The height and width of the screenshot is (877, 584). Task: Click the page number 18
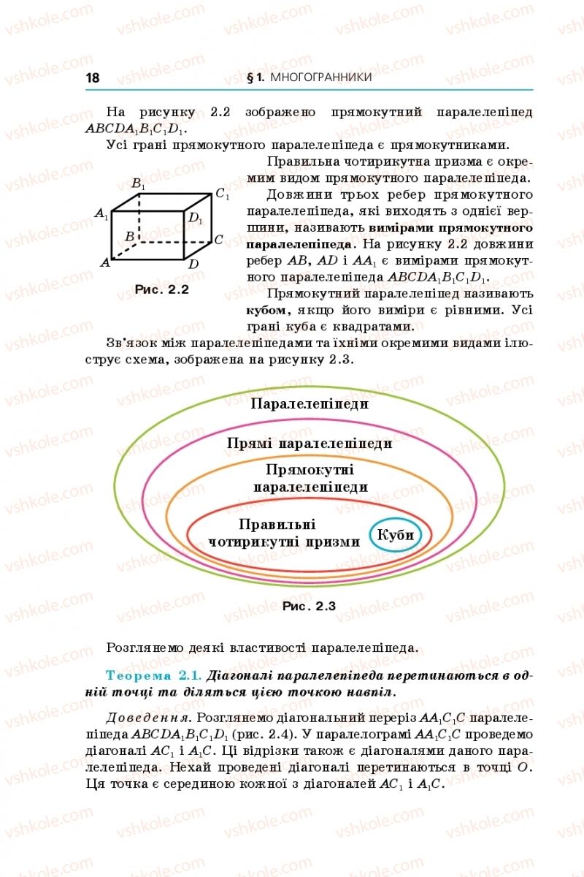[93, 77]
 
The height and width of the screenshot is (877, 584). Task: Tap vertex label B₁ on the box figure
[138, 186]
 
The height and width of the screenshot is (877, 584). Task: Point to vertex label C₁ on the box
[222, 195]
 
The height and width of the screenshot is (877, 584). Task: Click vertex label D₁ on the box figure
[195, 218]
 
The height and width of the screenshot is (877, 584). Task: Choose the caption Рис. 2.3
[309, 606]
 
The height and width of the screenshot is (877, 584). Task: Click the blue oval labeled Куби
[396, 535]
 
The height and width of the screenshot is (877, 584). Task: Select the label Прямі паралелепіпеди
[310, 444]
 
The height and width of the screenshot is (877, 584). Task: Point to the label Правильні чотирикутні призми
[283, 533]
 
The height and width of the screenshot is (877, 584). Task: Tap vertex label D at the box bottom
[193, 264]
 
